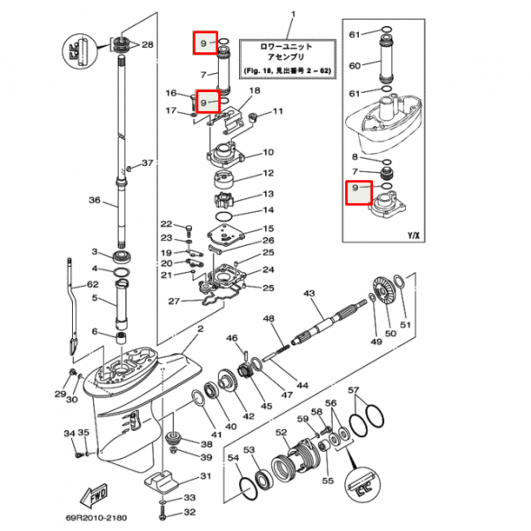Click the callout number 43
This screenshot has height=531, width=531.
coord(308,294)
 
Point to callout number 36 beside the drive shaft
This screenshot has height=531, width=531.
coord(93,201)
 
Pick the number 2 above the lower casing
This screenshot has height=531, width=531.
coord(199,332)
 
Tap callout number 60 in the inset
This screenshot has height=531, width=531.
coord(354,65)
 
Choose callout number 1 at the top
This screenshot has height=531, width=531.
coord(293,15)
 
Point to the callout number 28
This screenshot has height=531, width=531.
coord(147,44)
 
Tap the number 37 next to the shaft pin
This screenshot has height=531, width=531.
coord(148,163)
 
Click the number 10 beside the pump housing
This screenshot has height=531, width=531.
coord(268,152)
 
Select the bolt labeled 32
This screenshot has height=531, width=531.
coord(164,513)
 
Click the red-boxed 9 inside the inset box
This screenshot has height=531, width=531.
coord(359,190)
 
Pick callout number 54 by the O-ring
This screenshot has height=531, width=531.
coord(235,458)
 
